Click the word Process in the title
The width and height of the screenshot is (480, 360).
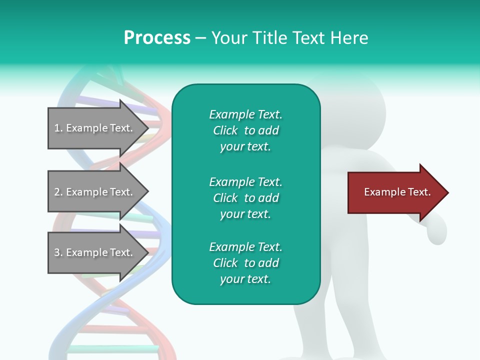point(157,38)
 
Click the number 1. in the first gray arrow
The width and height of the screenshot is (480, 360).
point(58,128)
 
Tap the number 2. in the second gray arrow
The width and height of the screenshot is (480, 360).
point(58,192)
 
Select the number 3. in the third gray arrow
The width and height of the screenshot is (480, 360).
point(58,252)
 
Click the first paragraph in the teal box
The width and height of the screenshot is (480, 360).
point(245,130)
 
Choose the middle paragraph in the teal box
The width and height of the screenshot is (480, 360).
point(245,198)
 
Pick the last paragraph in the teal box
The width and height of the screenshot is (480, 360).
point(245,263)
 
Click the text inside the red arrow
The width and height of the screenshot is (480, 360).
point(397,192)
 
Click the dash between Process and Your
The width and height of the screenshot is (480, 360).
point(200,38)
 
